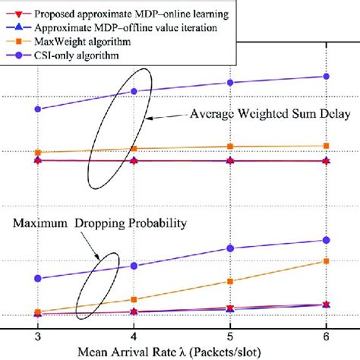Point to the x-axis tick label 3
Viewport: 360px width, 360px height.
coord(37,335)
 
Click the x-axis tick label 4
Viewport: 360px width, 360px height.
coord(134,335)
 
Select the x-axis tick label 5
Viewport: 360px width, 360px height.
coord(230,335)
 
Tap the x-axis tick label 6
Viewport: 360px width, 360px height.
coord(327,335)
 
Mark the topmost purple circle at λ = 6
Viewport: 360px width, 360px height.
coord(327,76)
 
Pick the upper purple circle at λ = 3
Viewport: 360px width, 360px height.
coord(38,109)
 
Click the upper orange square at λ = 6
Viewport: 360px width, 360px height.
coord(327,145)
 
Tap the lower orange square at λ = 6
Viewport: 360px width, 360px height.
coord(327,261)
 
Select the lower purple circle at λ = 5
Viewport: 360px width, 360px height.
coord(230,248)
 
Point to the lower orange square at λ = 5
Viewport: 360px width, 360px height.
coord(230,281)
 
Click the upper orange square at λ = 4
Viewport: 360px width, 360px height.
coord(134,149)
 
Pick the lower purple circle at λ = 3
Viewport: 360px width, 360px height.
coord(38,278)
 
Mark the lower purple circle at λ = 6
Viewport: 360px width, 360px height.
coord(327,240)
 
